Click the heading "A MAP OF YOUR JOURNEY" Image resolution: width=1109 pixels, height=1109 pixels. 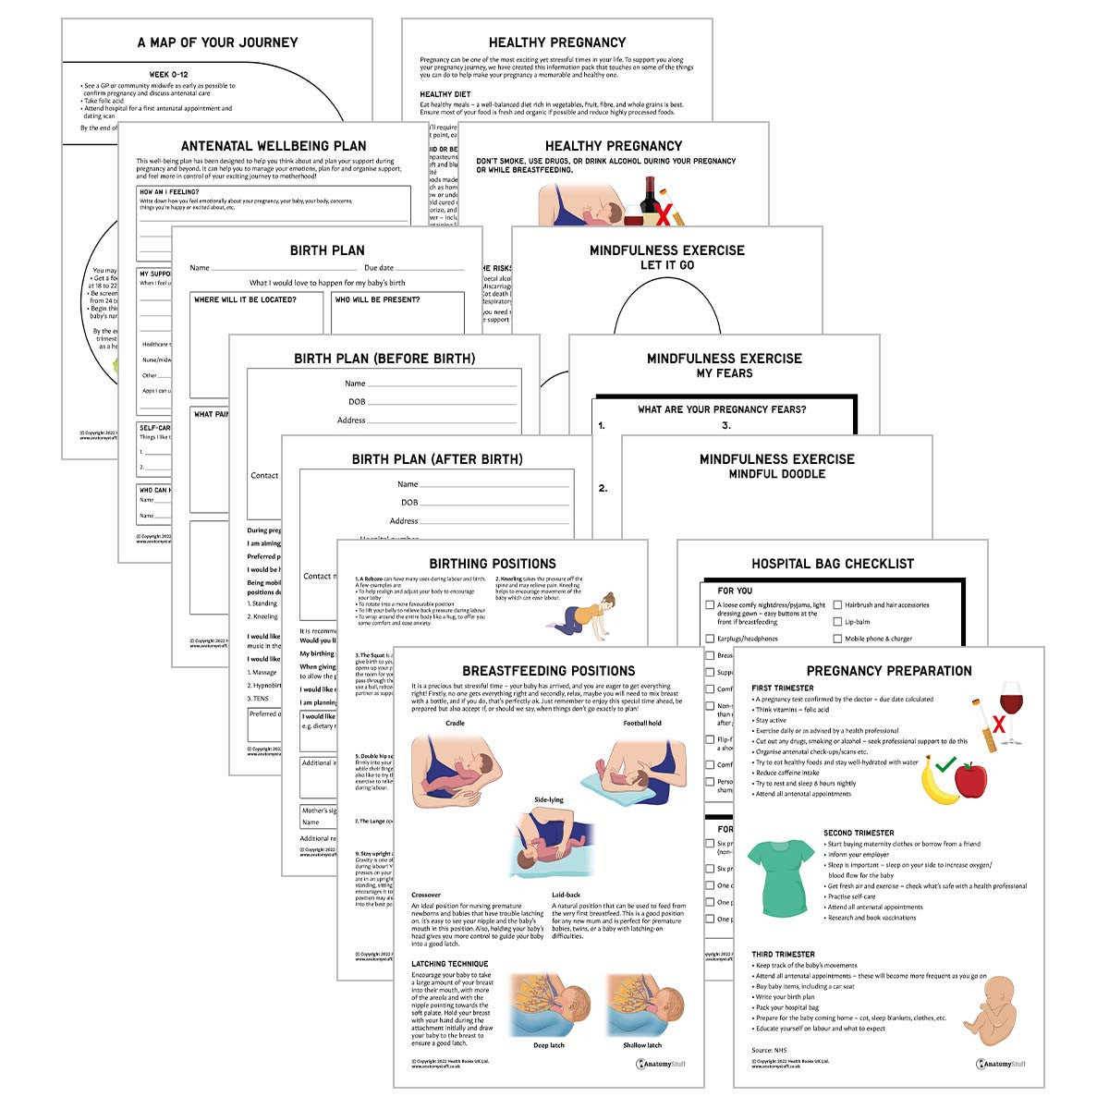[217, 43]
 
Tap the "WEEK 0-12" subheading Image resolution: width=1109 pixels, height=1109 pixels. [168, 75]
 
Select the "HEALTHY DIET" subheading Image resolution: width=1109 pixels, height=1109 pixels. [445, 94]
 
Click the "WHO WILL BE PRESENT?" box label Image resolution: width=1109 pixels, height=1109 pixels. [377, 299]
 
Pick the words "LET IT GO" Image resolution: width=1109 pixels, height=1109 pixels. [666, 265]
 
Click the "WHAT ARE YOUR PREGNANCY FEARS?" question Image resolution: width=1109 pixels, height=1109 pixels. [721, 409]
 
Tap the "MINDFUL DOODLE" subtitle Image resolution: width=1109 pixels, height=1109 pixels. [776, 474]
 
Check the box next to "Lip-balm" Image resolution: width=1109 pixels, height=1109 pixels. [837, 622]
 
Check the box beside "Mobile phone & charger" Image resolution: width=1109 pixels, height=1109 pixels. [837, 639]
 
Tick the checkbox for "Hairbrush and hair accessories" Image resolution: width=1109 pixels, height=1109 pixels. [837, 605]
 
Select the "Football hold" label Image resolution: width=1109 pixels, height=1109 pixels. [641, 723]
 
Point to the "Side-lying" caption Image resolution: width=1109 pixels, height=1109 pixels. [548, 800]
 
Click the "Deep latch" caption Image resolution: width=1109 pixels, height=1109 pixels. [548, 1045]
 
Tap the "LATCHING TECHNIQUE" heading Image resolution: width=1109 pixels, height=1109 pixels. [449, 964]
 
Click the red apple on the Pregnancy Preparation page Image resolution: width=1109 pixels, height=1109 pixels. [970, 780]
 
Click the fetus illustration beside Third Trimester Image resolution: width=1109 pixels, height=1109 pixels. [991, 1012]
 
